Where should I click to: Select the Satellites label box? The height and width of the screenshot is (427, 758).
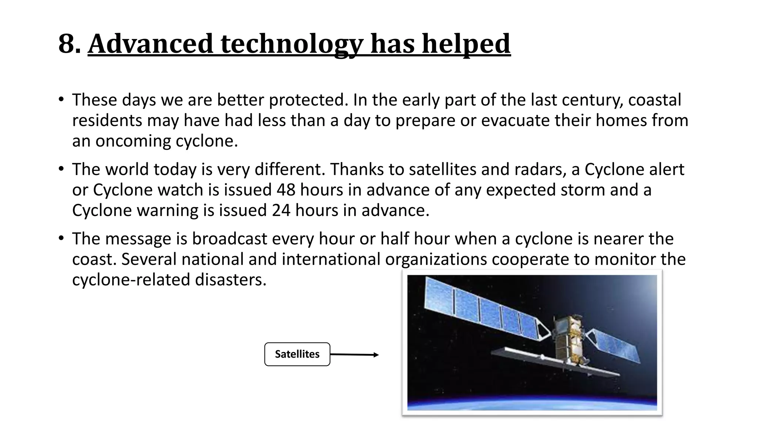pyautogui.click(x=297, y=354)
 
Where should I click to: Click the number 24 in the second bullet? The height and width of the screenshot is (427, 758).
pyautogui.click(x=281, y=211)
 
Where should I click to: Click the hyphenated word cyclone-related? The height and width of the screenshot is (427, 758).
pyautogui.click(x=131, y=279)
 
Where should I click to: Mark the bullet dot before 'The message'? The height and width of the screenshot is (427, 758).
pyautogui.click(x=61, y=238)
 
